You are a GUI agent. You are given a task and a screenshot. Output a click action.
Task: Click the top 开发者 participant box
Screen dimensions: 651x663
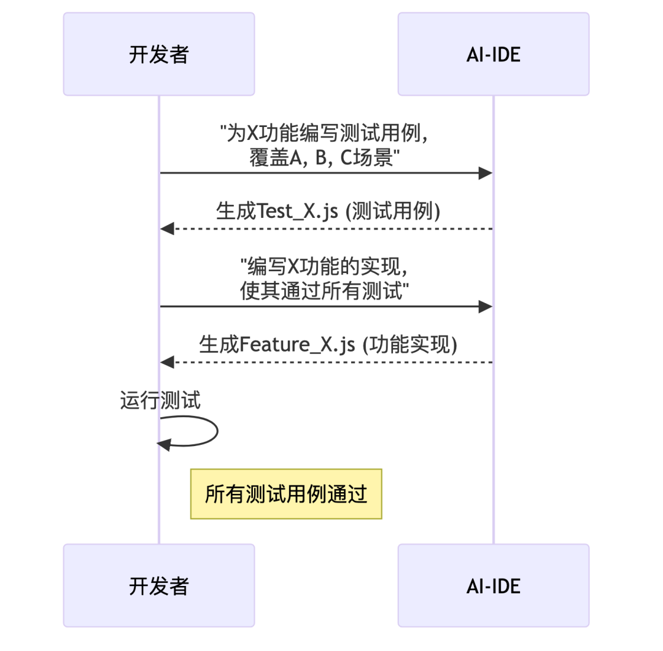point(158,54)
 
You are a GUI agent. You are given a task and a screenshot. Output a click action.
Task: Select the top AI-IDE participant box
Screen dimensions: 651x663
point(493,54)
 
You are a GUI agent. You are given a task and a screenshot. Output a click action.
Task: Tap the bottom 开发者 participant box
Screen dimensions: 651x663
point(158,585)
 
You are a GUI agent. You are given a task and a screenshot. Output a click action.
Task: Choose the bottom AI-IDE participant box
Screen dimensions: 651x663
point(493,585)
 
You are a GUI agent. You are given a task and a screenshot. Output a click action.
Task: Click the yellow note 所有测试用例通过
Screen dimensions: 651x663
point(286,494)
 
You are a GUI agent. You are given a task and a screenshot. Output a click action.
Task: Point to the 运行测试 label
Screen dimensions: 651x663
point(160,401)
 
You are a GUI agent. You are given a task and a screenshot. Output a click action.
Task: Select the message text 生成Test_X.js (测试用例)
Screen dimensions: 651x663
point(328,211)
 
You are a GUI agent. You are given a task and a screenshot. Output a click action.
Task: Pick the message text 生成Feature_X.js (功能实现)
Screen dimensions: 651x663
point(328,344)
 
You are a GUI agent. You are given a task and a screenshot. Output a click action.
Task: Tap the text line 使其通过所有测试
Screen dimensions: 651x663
point(325,291)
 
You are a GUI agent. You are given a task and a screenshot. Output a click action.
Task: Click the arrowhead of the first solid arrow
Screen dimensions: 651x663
point(486,173)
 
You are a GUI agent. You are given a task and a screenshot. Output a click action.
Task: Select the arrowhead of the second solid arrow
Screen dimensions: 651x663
point(486,306)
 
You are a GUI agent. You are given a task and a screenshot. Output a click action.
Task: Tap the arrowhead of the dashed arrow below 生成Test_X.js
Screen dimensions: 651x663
point(166,229)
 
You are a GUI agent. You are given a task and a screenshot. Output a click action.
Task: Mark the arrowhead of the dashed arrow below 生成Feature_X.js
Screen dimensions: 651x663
point(166,362)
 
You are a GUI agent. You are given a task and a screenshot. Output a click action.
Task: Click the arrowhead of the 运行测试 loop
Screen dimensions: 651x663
point(163,444)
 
